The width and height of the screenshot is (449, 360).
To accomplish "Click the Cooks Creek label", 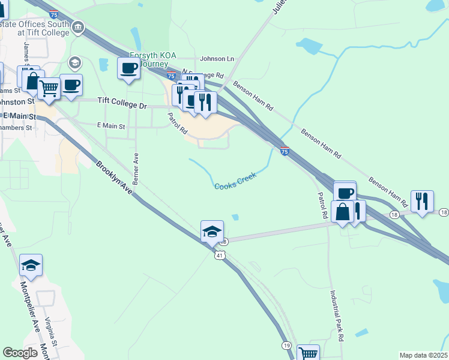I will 236,181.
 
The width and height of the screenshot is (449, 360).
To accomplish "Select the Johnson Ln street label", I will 217,59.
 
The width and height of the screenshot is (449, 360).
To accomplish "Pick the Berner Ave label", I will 136,169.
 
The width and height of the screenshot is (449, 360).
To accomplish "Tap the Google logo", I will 20,353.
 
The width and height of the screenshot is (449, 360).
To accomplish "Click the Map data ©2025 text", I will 423,355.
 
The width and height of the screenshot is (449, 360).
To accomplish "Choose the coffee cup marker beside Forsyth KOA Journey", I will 128,68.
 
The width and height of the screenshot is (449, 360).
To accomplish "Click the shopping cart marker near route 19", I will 308,353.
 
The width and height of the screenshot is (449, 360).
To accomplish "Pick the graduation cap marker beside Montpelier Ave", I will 31,264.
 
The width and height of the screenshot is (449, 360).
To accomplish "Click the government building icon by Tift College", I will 78,28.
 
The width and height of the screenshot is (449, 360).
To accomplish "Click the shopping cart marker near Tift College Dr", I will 49,88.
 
